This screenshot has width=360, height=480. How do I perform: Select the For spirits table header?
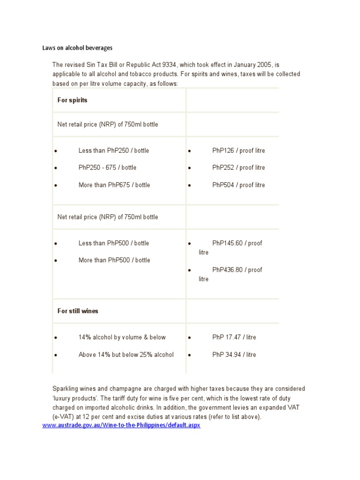[x=72, y=100]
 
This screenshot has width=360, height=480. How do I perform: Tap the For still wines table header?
[x=78, y=311]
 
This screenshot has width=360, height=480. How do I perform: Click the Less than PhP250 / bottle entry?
[x=113, y=150]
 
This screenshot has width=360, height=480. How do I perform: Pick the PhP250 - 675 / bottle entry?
[x=107, y=167]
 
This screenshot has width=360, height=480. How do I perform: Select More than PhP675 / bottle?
[x=114, y=185]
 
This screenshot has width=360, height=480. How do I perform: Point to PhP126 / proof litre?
[x=238, y=150]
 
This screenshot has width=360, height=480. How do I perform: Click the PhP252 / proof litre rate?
[x=238, y=167]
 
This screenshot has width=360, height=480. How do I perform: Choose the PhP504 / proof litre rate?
[x=238, y=185]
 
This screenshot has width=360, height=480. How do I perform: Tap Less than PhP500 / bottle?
[x=113, y=243]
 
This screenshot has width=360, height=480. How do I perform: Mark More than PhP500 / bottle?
[x=114, y=260]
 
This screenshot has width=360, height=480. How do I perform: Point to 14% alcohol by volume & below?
[x=122, y=337]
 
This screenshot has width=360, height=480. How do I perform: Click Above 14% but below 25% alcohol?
[x=126, y=354]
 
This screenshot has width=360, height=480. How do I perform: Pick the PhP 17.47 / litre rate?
[x=234, y=337]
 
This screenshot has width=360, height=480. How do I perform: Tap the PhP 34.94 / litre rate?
[x=234, y=354]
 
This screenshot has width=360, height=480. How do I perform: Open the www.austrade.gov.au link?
[x=121, y=426]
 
